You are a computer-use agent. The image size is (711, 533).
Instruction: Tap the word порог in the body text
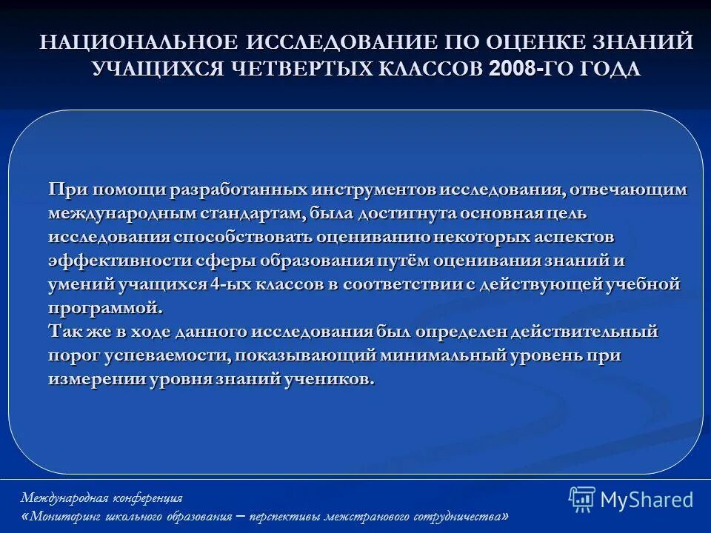point(73,355)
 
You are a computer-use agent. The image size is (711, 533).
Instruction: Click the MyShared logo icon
point(581,500)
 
